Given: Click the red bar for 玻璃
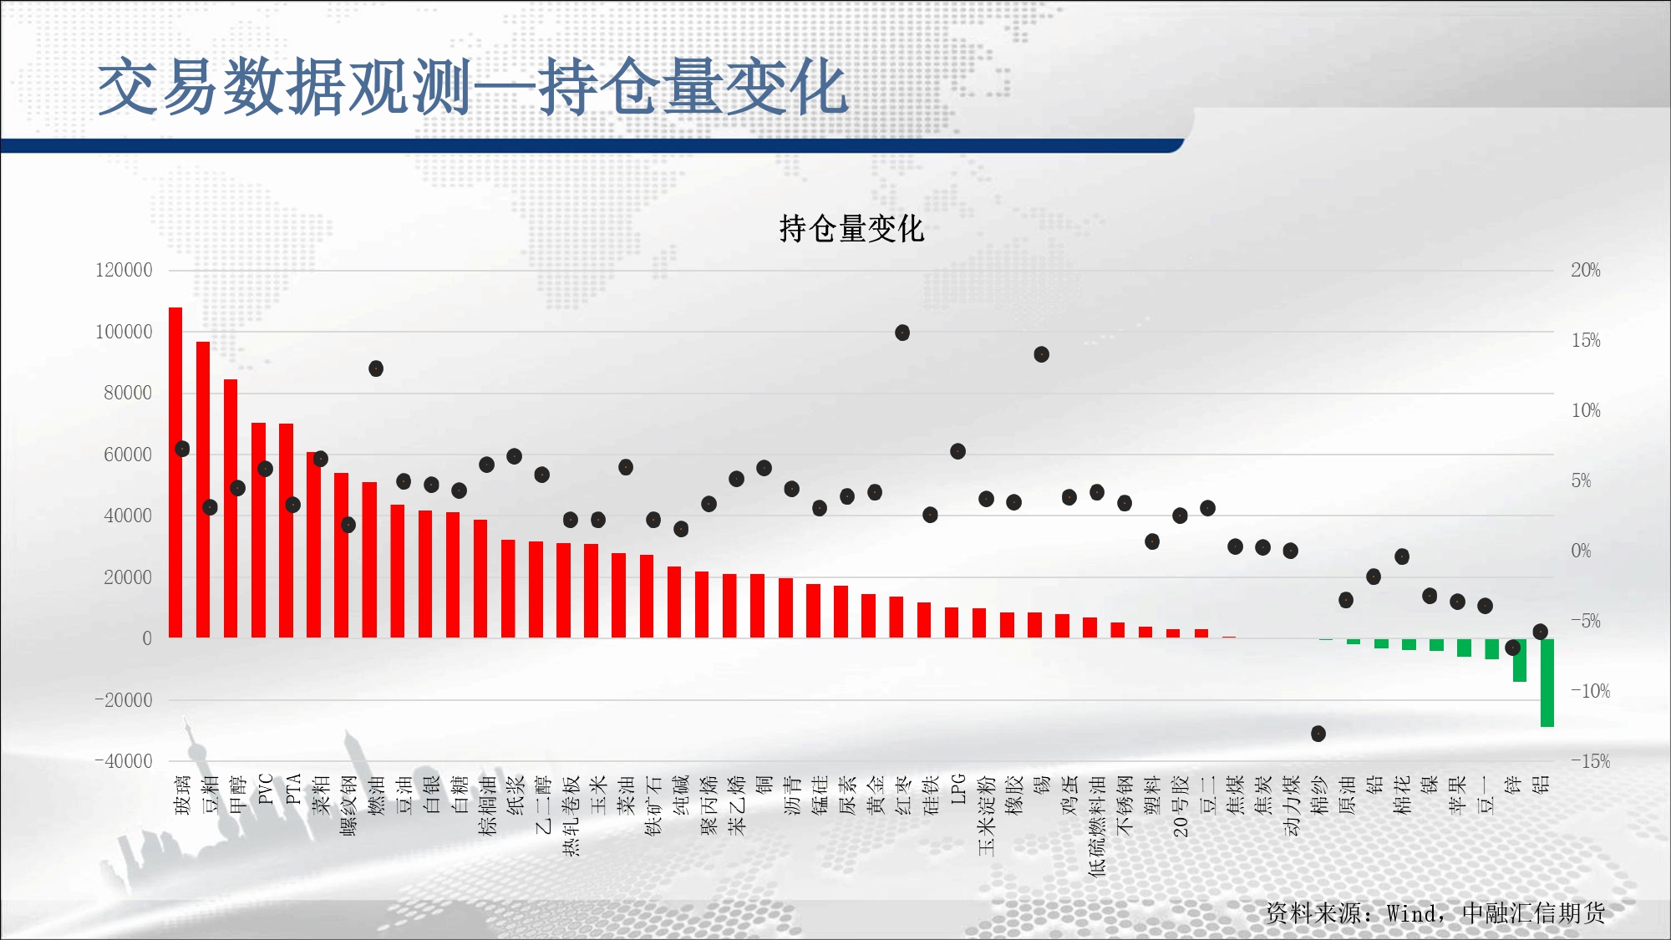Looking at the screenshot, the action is pyautogui.click(x=175, y=473).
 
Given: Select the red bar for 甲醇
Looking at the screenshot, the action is pyautogui.click(x=231, y=509).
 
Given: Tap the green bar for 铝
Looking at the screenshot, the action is pyautogui.click(x=1547, y=683).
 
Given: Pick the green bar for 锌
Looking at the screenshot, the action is pyautogui.click(x=1520, y=660).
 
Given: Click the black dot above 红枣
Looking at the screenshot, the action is pyautogui.click(x=902, y=333).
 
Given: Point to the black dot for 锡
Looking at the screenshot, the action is pyautogui.click(x=1041, y=354).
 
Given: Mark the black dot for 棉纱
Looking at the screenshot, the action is pyautogui.click(x=1318, y=734).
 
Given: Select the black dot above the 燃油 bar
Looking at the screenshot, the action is pyautogui.click(x=376, y=368).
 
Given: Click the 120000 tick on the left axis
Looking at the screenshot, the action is pyautogui.click(x=124, y=270).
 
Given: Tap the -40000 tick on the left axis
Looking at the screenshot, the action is pyautogui.click(x=124, y=761).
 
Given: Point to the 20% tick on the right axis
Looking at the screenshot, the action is pyautogui.click(x=1586, y=270).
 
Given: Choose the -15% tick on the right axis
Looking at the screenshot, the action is pyautogui.click(x=1590, y=761).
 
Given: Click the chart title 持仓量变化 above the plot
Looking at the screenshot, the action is pyautogui.click(x=851, y=228).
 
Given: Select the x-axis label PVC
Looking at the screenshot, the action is pyautogui.click(x=266, y=790).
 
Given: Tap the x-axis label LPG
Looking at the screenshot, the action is pyautogui.click(x=957, y=790).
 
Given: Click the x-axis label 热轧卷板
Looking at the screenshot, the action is pyautogui.click(x=571, y=816).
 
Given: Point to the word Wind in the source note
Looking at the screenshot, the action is pyautogui.click(x=1412, y=913).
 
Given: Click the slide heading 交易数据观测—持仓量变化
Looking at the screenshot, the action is pyautogui.click(x=473, y=87).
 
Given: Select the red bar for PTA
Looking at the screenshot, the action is pyautogui.click(x=286, y=531).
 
